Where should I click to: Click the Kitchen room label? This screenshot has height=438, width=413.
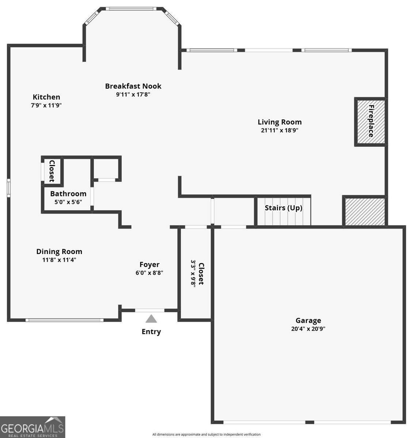tap(46, 97)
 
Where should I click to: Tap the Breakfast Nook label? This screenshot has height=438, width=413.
tap(133, 86)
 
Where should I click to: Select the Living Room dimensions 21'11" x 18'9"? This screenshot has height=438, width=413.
tap(280, 130)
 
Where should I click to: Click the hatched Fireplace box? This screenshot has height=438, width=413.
tap(370, 122)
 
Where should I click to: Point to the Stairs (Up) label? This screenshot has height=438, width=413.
tap(283, 208)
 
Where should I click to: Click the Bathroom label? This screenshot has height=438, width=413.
tap(68, 194)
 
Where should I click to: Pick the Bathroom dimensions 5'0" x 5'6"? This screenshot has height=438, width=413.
tap(68, 202)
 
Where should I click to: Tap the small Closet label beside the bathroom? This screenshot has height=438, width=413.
tap(52, 171)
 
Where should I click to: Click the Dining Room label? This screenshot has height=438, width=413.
tap(59, 251)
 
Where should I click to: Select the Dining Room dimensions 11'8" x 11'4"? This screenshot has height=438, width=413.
tap(59, 260)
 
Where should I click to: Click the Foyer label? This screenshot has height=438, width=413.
tap(149, 265)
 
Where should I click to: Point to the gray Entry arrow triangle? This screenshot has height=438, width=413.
tap(151, 319)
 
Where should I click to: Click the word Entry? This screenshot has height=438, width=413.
tap(151, 332)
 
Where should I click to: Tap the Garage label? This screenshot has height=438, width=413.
tap(308, 320)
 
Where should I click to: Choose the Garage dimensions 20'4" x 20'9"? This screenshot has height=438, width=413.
tap(308, 328)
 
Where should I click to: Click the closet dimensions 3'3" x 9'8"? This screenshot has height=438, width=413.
tap(193, 274)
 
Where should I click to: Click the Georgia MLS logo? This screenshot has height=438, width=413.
tap(33, 427)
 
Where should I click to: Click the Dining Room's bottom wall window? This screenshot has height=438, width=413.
tap(65, 320)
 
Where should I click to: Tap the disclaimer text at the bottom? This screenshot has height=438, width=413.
tap(206, 434)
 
